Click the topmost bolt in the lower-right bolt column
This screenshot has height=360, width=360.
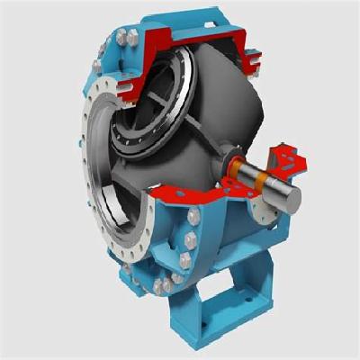tap(193, 217)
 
